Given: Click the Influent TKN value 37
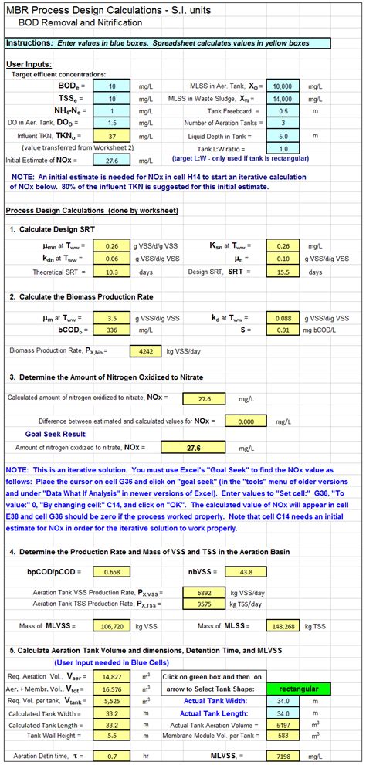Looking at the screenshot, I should (113, 135).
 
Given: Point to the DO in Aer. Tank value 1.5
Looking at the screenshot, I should (113, 123).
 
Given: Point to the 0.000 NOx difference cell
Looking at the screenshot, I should (246, 421).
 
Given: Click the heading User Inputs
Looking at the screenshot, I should (29, 63).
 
